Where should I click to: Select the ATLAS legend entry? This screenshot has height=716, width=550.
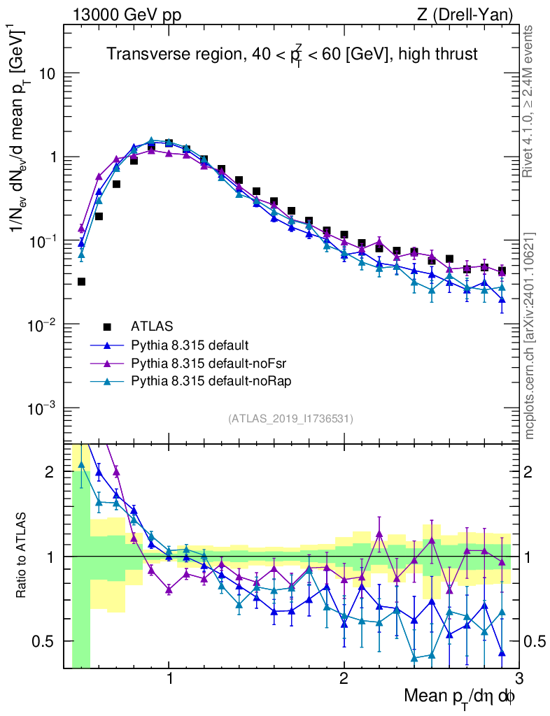tap(151, 326)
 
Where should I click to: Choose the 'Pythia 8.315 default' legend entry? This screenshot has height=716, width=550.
tap(190, 345)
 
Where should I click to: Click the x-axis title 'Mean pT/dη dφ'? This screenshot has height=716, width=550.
tap(460, 698)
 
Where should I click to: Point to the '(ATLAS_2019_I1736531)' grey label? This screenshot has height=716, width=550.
tap(290, 419)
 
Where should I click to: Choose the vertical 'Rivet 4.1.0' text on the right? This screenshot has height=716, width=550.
tap(530, 101)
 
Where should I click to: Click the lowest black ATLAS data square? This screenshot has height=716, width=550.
tap(81, 282)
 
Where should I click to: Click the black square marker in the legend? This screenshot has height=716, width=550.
tap(107, 326)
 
